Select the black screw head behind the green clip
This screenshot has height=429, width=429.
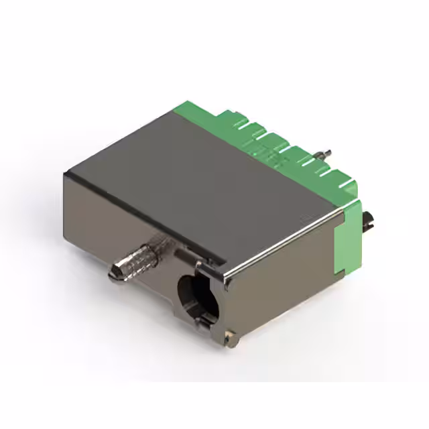[368, 222]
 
